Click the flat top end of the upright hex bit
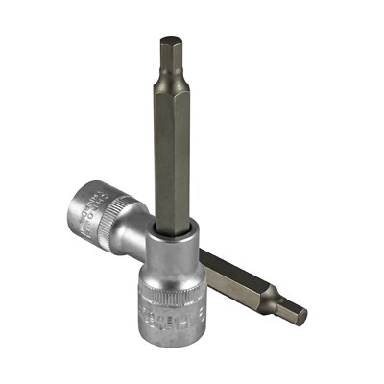coord(170,40)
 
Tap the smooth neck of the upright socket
coord(172,245)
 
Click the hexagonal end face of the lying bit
coord(300,314)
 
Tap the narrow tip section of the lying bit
coord(285,306)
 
